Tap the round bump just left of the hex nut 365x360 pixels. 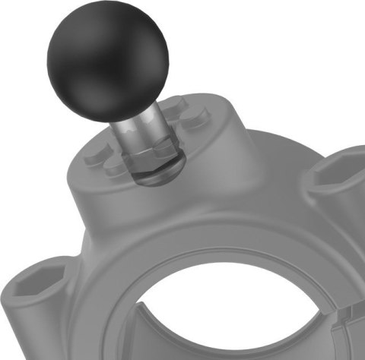coord(114,163)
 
